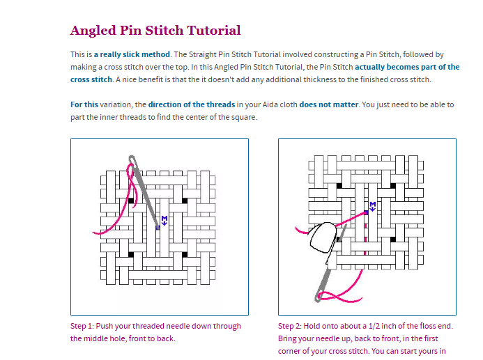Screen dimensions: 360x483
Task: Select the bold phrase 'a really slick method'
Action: (132, 54)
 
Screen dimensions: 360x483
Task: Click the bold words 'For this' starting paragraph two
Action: (84, 104)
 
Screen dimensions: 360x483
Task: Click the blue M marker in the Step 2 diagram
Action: (372, 205)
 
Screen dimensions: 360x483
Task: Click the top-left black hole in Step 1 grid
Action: (130, 201)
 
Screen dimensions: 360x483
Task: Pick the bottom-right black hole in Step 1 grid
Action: (184, 253)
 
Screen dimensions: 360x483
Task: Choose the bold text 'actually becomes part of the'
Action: (407, 68)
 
